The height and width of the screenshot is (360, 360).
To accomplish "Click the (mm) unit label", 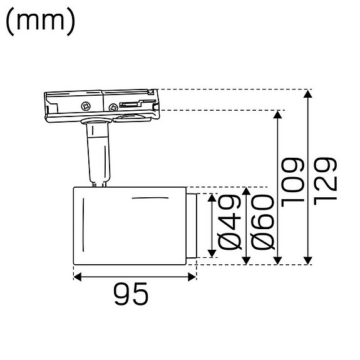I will [41, 22].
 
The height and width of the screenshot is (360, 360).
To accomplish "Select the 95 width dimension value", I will [131, 294].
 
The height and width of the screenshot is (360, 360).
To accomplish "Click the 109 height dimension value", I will [292, 182].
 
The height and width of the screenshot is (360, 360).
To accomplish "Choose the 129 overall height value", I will [325, 182].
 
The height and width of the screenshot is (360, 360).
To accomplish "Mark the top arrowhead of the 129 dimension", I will [307, 95].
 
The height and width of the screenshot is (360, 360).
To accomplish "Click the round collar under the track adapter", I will [93, 121].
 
